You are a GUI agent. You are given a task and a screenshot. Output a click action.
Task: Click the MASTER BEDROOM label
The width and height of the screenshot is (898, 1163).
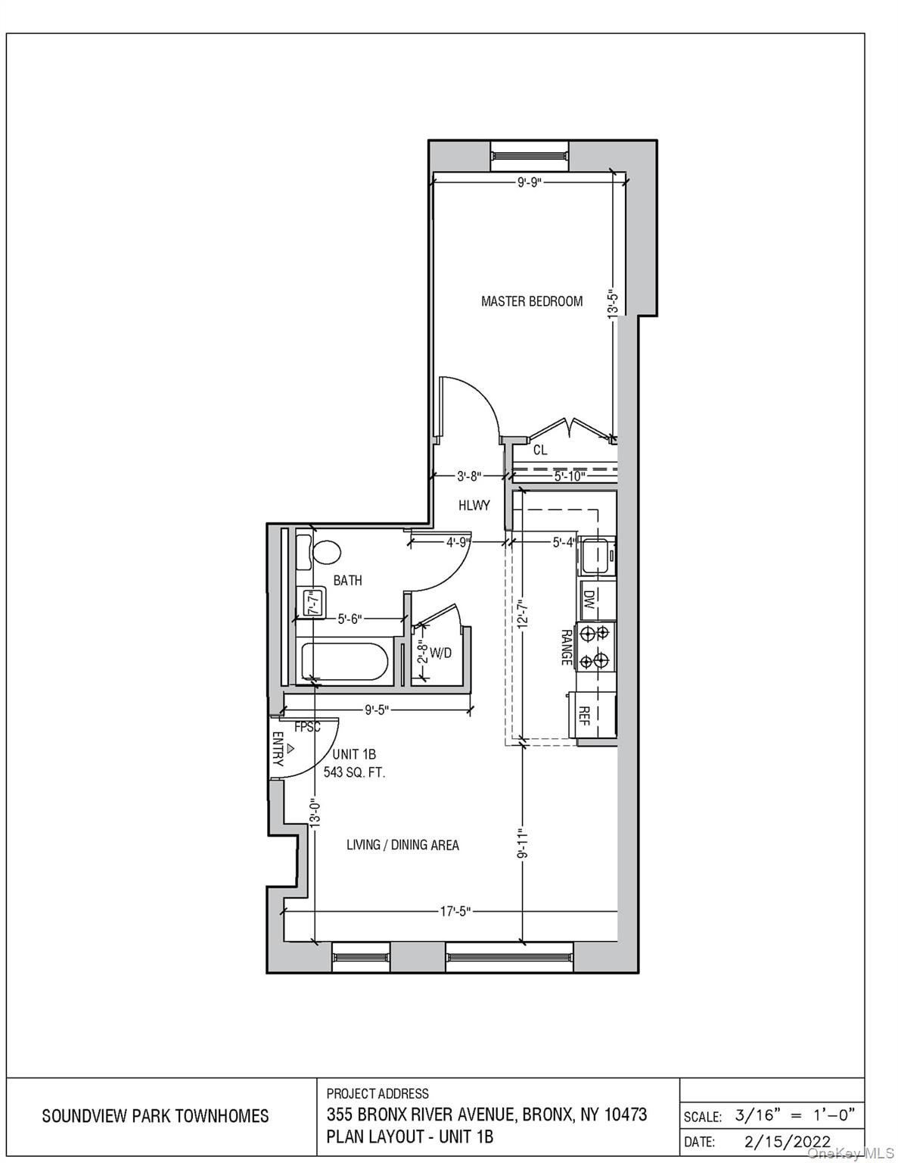[532, 301]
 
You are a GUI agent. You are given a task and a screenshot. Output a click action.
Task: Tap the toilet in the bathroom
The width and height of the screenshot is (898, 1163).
[326, 551]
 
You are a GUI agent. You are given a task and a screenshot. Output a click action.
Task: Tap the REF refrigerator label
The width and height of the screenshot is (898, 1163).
[584, 716]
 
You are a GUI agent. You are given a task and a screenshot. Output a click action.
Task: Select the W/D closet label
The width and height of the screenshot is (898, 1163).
[440, 653]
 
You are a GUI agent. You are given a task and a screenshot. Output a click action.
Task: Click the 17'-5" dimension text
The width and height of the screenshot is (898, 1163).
[455, 912]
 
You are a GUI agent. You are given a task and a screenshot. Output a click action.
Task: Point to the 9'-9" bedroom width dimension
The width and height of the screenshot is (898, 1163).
[530, 182]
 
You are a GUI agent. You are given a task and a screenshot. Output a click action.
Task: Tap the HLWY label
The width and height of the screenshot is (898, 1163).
[474, 505]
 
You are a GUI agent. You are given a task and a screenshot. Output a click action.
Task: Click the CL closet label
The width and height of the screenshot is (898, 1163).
[540, 451]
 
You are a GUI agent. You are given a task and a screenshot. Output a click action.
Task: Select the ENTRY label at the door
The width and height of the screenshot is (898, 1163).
[278, 749]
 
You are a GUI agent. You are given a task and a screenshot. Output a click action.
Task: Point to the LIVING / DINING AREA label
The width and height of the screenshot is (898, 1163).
[402, 845]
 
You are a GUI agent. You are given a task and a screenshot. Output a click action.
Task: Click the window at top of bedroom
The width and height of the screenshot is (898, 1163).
[528, 156]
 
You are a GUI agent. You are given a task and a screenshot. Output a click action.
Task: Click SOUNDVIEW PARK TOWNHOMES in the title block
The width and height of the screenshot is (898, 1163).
[155, 1116]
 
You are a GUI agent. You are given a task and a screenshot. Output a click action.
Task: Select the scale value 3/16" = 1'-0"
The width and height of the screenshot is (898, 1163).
[794, 1115]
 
